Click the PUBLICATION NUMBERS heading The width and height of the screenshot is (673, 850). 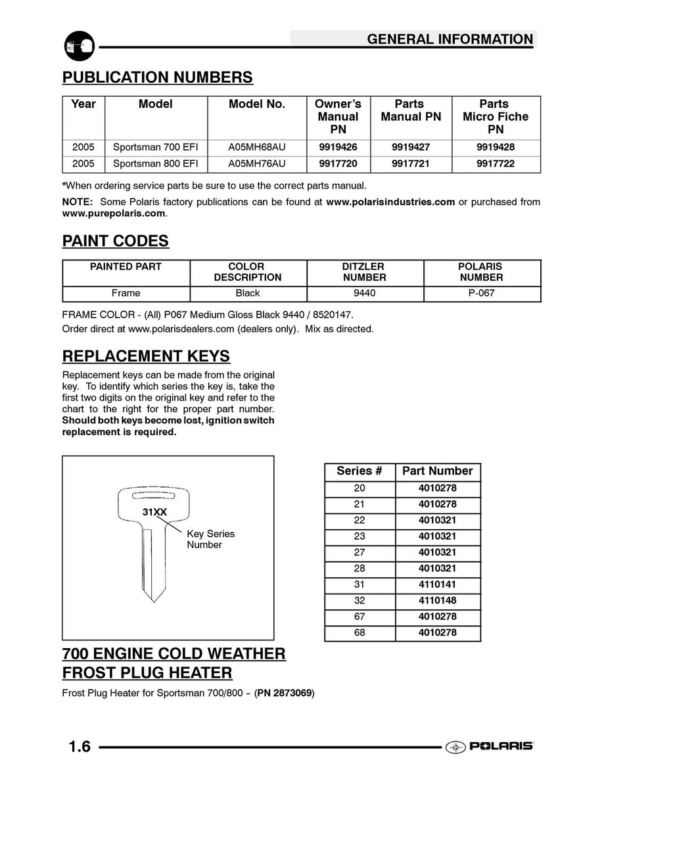157,78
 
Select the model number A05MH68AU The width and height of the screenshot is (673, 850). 257,147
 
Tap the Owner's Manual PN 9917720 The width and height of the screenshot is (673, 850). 338,164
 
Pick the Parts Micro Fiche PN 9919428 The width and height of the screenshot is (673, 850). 496,147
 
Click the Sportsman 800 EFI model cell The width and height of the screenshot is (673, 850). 156,164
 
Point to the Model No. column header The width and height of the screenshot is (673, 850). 257,104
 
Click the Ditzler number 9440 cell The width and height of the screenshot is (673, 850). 364,293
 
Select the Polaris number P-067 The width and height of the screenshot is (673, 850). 481,293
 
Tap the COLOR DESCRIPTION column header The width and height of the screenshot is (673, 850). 247,272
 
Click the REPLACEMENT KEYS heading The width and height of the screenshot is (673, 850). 146,356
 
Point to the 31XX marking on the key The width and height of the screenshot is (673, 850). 154,512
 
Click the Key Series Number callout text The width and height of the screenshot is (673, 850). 210,539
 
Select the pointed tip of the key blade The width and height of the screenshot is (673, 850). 154,599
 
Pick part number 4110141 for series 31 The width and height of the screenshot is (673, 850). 437,584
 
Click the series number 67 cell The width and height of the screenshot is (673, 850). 360,617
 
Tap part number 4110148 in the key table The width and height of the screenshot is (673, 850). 437,600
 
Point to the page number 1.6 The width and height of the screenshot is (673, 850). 80,747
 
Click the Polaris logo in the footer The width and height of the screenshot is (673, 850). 490,746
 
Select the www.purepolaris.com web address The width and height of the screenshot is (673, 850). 113,214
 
